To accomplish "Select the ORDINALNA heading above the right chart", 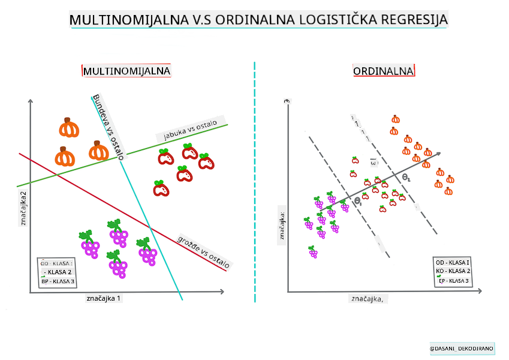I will pyautogui.click(x=384, y=71).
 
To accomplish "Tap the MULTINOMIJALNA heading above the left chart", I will pyautogui.click(x=127, y=71).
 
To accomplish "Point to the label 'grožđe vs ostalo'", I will pyautogui.click(x=204, y=251).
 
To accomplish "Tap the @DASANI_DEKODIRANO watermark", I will pyautogui.click(x=462, y=348).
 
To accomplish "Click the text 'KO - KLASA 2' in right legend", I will pyautogui.click(x=453, y=271).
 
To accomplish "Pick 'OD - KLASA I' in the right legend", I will pyautogui.click(x=453, y=262).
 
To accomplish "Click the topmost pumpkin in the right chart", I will pyautogui.click(x=395, y=119).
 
